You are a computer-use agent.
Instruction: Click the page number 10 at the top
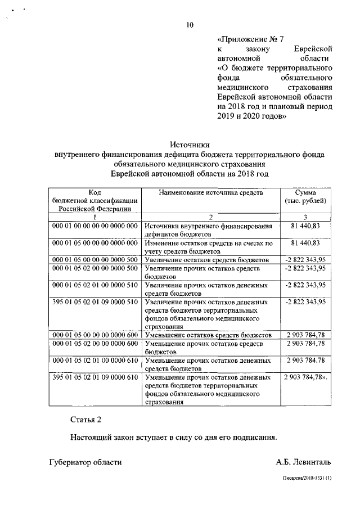point(190,24)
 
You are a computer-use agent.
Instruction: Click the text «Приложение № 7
point(250,39)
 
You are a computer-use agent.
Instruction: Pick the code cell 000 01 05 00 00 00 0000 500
point(94,260)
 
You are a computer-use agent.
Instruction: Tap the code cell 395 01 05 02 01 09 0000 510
point(94,302)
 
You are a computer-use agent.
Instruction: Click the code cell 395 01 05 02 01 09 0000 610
point(94,377)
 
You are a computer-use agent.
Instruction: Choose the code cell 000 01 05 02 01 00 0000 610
point(94,360)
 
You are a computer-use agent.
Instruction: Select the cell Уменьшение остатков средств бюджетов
point(209,335)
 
